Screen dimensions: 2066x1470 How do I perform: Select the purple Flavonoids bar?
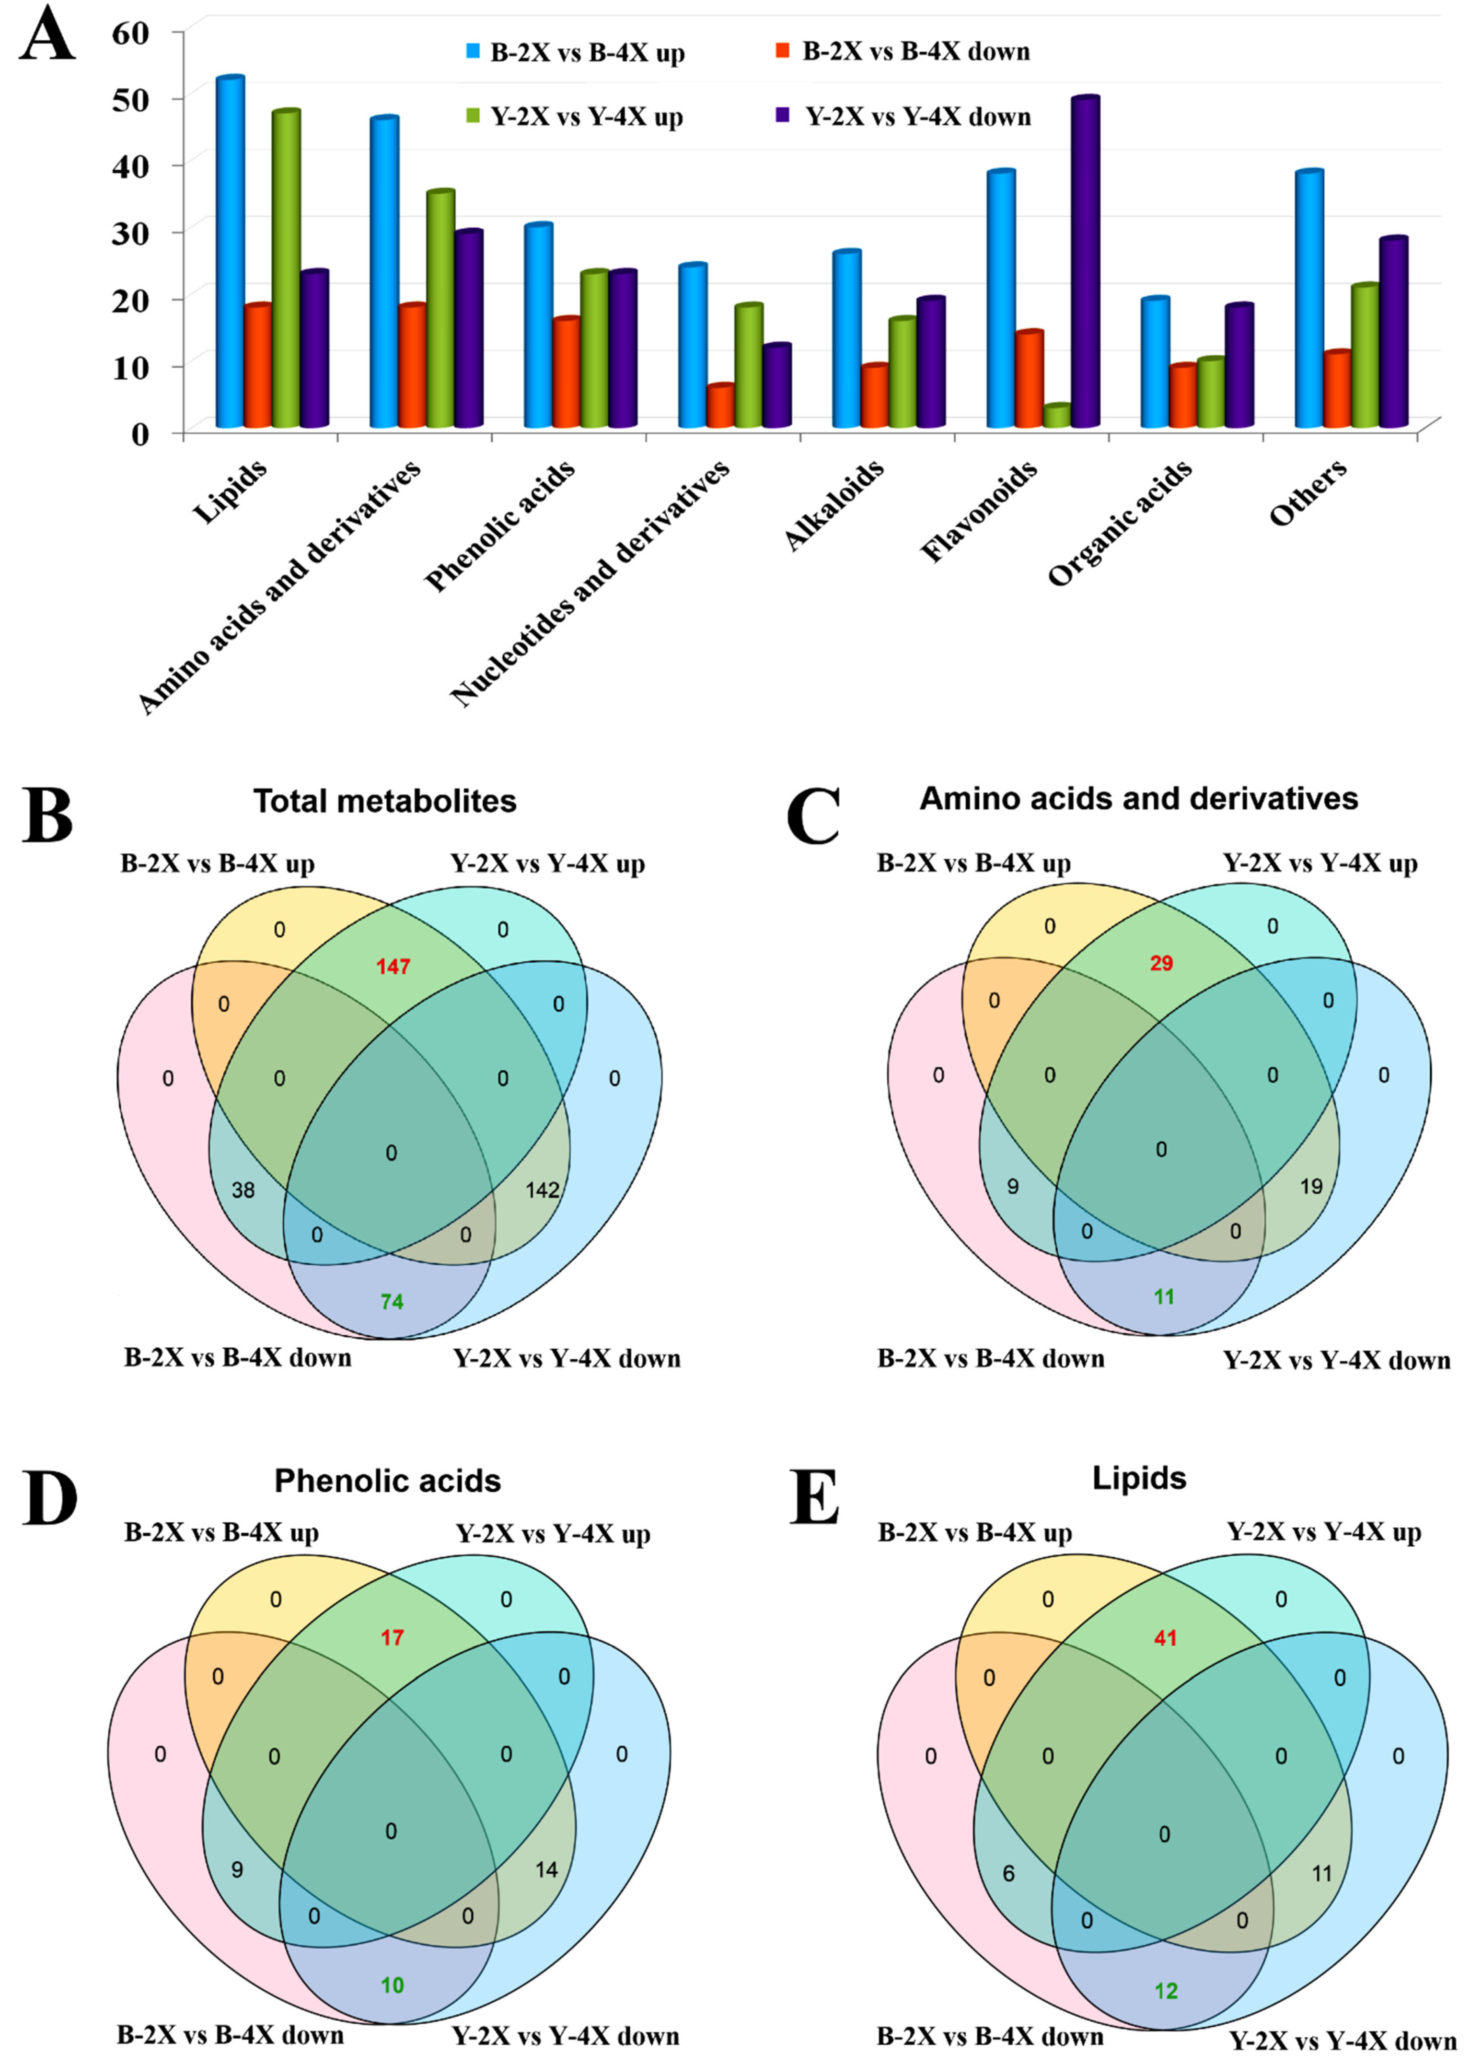(1084, 263)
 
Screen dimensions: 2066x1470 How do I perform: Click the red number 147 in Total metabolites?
(393, 967)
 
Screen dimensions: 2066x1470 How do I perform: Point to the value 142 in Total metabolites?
(542, 1191)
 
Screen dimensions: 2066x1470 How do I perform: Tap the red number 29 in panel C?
(1161, 963)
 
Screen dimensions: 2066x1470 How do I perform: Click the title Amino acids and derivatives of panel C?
(1139, 798)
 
